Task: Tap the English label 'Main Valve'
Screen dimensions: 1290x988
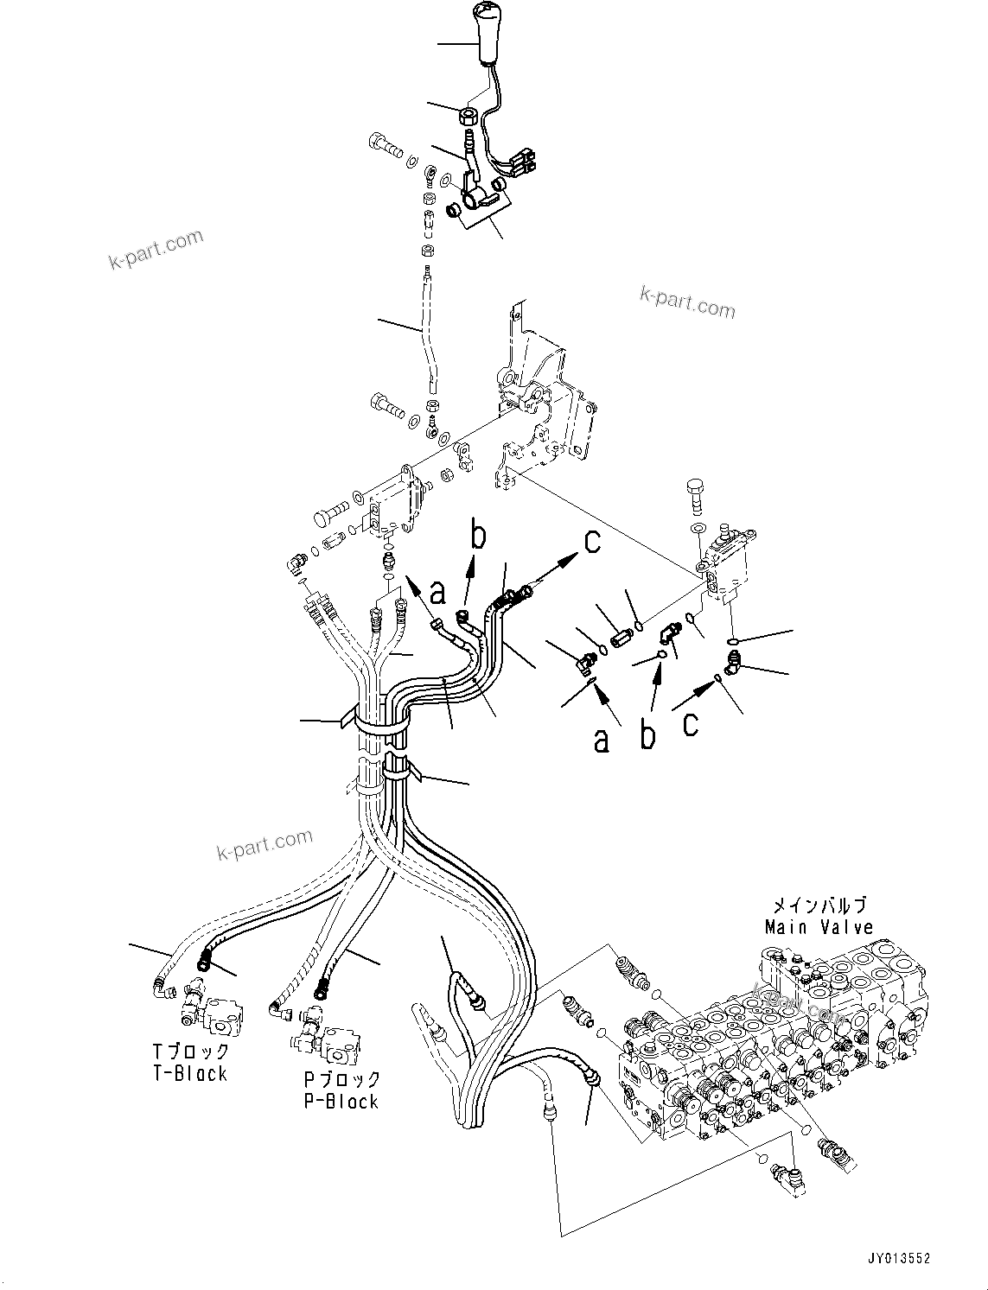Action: pos(818,927)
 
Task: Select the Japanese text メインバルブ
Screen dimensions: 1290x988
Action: pos(818,906)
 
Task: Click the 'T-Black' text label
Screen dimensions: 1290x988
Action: pos(189,1073)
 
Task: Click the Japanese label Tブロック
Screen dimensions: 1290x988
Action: pos(190,1052)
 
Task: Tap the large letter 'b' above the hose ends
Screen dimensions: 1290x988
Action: pos(478,537)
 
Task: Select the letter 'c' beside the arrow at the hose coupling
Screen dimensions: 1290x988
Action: pos(592,542)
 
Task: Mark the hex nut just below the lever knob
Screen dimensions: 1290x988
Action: pos(469,114)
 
